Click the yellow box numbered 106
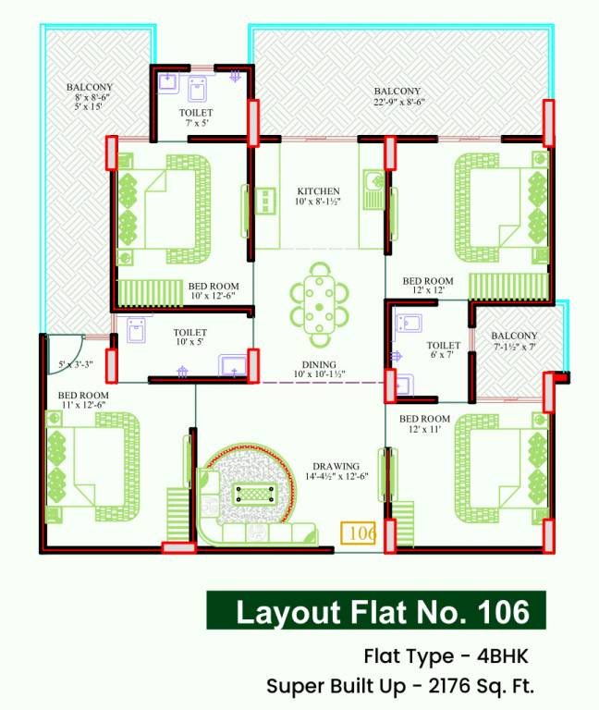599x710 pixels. tap(359, 533)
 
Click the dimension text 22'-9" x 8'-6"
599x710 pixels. tap(397, 103)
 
